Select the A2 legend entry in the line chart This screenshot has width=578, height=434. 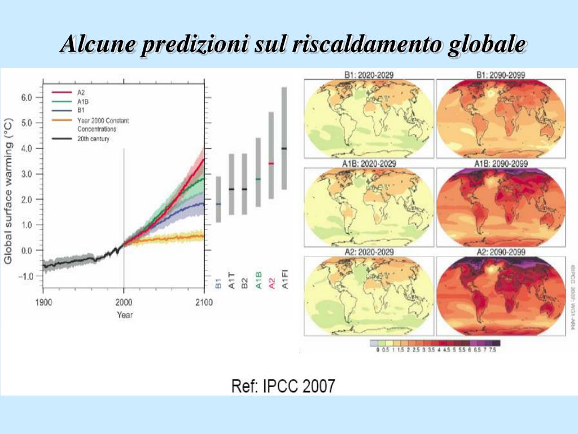pyautogui.click(x=81, y=92)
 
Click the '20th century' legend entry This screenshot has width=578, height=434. pyautogui.click(x=93, y=138)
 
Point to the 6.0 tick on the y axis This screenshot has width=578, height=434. pyautogui.click(x=27, y=97)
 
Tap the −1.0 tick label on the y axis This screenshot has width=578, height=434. pyautogui.click(x=25, y=276)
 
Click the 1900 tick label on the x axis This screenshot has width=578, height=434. pyautogui.click(x=43, y=302)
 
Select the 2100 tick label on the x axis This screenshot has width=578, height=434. pyautogui.click(x=204, y=302)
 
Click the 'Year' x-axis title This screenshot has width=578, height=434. pyautogui.click(x=125, y=315)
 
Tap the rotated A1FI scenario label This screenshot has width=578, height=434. pyautogui.click(x=285, y=280)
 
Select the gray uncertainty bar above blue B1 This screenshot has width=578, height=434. pyautogui.click(x=218, y=199)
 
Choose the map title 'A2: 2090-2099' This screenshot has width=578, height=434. pyautogui.click(x=501, y=252)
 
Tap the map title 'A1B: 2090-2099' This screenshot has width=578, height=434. pyautogui.click(x=501, y=163)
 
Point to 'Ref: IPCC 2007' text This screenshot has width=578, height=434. pyautogui.click(x=283, y=387)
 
